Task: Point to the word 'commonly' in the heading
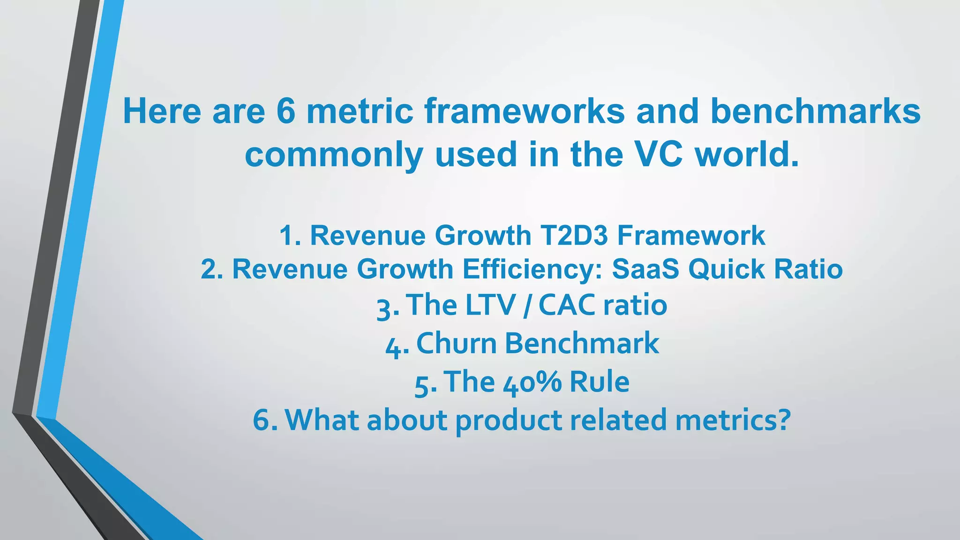[x=334, y=155]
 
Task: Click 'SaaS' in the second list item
[x=645, y=269]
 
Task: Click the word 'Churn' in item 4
[x=456, y=343]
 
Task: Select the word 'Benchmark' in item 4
[x=582, y=343]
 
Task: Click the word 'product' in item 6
[x=509, y=420]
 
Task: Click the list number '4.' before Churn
[x=397, y=347]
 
